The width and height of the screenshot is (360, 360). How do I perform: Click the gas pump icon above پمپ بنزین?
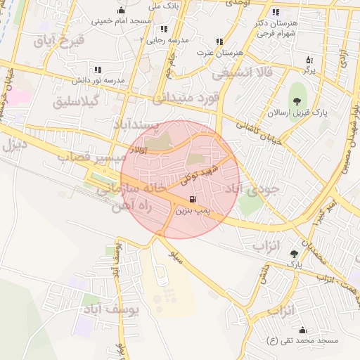[193, 199]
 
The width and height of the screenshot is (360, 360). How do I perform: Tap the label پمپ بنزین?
[193, 210]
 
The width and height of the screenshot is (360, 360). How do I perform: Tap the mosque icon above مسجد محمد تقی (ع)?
[303, 330]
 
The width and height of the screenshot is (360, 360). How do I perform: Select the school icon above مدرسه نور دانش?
[98, 70]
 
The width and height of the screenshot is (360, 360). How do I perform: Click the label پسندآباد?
[138, 125]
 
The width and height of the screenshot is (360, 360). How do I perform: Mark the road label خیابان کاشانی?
[258, 131]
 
